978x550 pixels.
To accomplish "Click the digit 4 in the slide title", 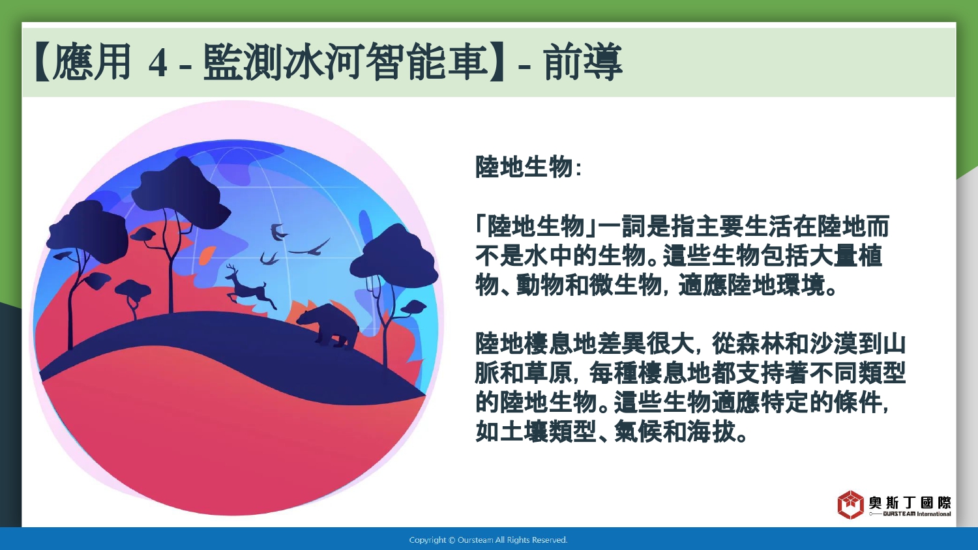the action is [158, 64].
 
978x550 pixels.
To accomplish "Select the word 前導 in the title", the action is [583, 62].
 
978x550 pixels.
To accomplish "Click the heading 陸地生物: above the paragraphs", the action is [528, 166].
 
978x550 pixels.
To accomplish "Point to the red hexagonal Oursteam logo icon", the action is [850, 504].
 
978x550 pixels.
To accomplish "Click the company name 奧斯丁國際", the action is [910, 502].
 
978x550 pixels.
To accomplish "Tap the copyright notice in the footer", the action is [488, 540].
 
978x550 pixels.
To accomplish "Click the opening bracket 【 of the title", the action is [42, 62].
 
